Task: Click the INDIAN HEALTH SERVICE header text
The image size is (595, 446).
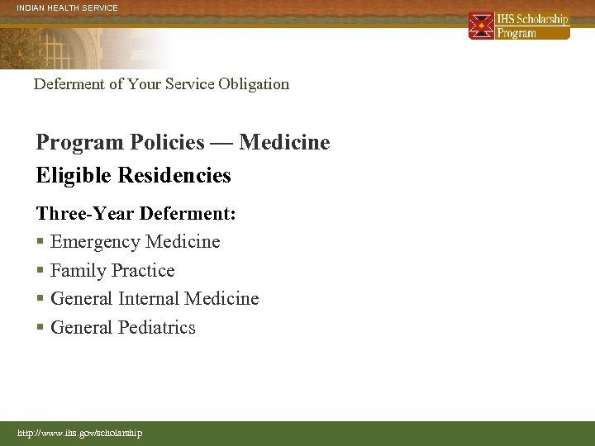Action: [x=68, y=8]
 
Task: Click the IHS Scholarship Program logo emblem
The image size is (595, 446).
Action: [x=481, y=26]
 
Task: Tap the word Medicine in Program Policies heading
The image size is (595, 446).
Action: [x=284, y=143]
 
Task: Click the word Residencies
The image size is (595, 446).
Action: [x=174, y=176]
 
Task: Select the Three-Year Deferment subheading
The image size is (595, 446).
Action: [x=136, y=214]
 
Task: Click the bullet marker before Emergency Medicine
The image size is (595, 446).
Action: [x=40, y=243]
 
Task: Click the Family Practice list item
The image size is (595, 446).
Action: [x=112, y=271]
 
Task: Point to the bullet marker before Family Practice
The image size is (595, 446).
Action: [x=40, y=272]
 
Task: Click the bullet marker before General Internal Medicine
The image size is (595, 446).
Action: [x=40, y=300]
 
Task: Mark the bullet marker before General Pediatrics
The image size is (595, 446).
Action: [x=40, y=329]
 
